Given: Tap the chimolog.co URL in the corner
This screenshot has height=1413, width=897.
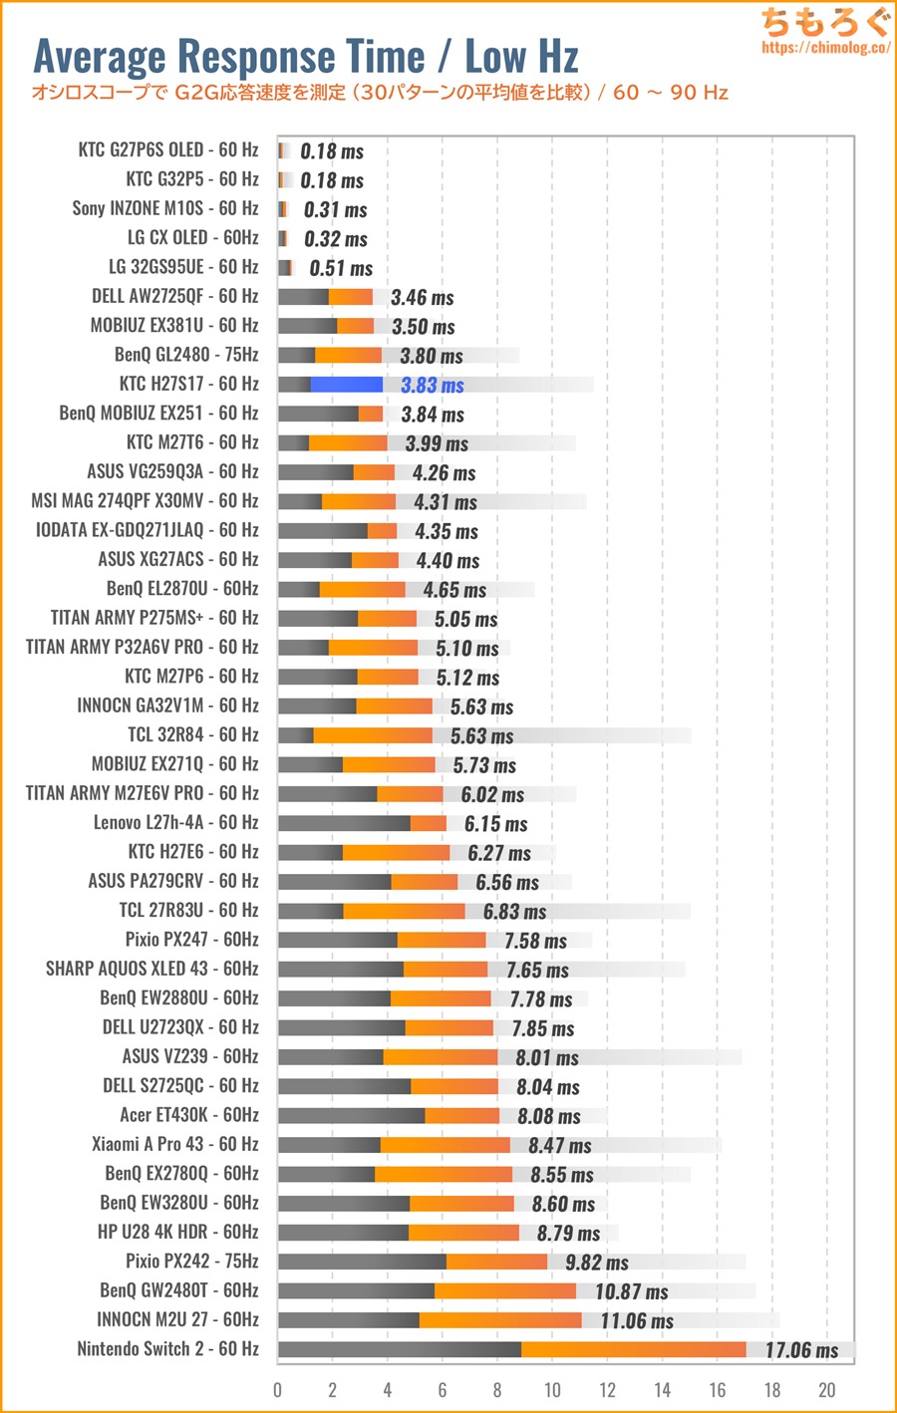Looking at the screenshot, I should [824, 47].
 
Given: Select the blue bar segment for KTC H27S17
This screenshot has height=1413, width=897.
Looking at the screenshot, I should [347, 385].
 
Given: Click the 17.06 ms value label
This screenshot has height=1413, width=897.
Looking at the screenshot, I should [801, 1350].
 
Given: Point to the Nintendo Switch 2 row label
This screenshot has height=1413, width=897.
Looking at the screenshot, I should [167, 1349].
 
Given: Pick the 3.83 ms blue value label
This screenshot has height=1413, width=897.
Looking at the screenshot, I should [432, 386].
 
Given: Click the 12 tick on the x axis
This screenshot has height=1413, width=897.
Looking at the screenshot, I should [607, 1390].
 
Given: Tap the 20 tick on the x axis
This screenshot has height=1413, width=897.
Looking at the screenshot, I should [826, 1390].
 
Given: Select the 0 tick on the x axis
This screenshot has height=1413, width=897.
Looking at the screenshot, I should [278, 1390].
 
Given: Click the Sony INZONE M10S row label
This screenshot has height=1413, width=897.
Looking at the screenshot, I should [164, 208].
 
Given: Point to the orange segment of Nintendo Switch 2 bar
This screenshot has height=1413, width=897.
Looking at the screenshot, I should [633, 1349].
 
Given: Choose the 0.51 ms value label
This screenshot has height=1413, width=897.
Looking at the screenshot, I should [341, 268].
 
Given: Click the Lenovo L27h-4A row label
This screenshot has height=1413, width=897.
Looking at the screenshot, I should [175, 822].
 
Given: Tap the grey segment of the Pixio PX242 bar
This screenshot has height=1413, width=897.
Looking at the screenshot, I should [362, 1262].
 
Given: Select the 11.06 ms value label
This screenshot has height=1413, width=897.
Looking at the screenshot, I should [636, 1321].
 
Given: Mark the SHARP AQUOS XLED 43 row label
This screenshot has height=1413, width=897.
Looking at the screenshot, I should [151, 969].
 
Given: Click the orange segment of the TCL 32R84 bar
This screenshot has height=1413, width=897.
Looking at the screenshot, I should [373, 735].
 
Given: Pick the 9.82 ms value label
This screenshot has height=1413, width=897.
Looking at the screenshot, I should [596, 1263].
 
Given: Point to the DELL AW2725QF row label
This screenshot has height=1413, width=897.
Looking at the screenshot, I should [174, 296].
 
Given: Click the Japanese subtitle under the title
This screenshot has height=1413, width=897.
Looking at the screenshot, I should [380, 93].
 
